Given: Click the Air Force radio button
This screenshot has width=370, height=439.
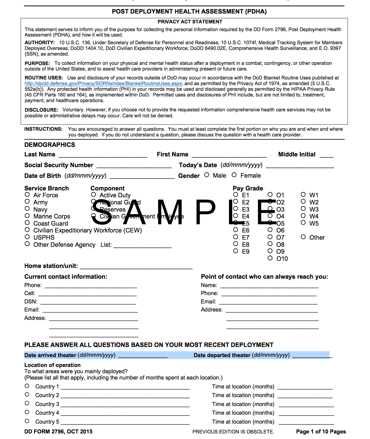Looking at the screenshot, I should (x=27, y=194).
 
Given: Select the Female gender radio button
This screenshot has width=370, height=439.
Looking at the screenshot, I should (x=234, y=175).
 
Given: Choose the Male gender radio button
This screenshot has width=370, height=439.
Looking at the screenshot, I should (x=206, y=175).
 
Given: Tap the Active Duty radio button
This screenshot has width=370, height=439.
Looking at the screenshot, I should (x=93, y=194).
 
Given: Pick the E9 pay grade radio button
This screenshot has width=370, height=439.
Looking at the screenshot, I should (x=236, y=251).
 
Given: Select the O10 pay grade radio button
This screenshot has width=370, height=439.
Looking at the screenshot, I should (x=270, y=258).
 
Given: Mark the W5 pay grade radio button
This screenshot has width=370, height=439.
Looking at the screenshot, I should (x=303, y=222).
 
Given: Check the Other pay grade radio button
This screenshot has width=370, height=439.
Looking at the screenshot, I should (x=303, y=237).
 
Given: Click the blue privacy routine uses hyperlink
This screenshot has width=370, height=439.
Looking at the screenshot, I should (x=103, y=84).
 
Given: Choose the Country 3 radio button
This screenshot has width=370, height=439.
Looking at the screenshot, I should (x=27, y=403).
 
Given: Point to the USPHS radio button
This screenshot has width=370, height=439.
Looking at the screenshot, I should (x=27, y=237).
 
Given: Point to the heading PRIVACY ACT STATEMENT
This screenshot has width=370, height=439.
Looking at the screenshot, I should (x=190, y=22).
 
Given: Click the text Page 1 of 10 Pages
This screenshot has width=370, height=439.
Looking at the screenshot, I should (x=321, y=432).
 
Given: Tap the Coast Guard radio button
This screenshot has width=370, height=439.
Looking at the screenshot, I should (x=27, y=222).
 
